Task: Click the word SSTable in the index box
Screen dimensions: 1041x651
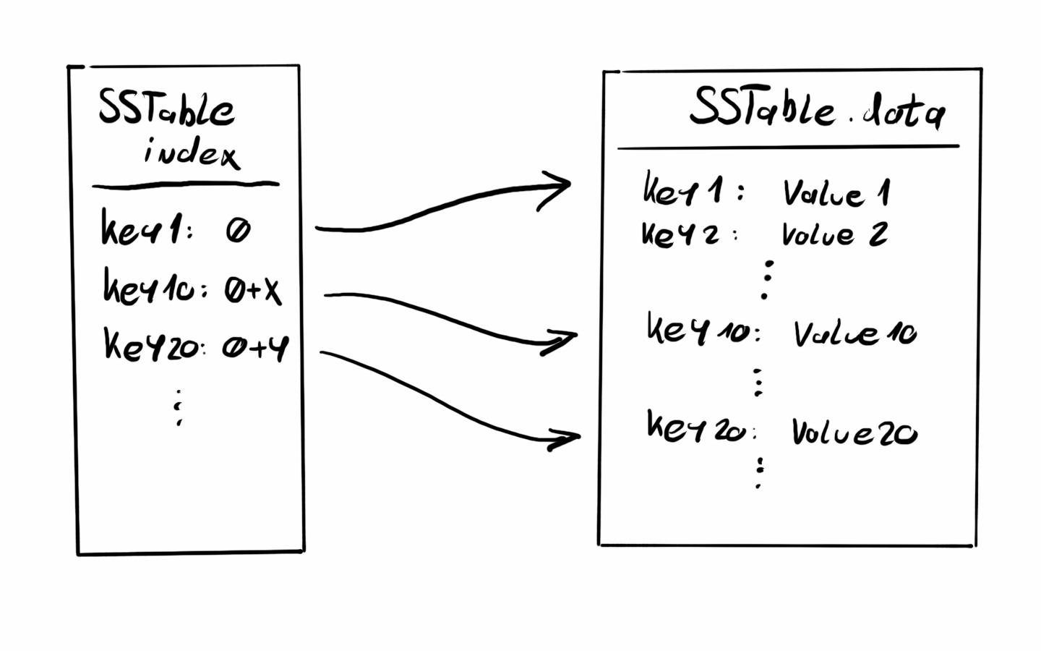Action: point(166,108)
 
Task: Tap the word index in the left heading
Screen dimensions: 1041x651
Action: point(191,153)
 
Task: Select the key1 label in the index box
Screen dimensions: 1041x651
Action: point(145,229)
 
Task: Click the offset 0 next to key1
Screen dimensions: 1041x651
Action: point(237,231)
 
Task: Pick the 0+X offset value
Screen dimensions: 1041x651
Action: point(252,291)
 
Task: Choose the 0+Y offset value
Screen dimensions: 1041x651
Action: point(254,348)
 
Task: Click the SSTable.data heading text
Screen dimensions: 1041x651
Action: point(817,110)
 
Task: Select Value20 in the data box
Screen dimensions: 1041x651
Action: point(854,433)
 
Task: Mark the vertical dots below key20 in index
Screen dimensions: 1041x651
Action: point(178,408)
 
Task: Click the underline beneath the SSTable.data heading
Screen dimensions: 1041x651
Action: point(788,147)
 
